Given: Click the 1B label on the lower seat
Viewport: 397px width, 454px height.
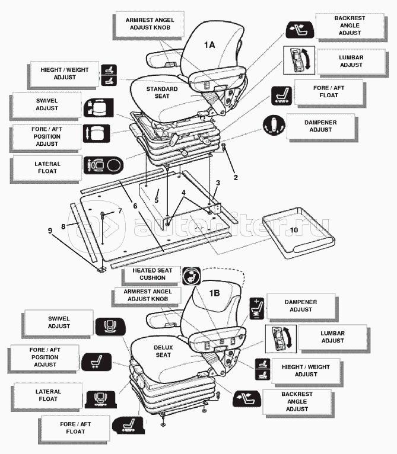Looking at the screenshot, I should tap(213, 292).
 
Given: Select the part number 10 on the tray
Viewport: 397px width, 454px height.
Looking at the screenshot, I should tap(294, 228).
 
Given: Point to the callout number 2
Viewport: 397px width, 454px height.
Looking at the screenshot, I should tap(235, 177).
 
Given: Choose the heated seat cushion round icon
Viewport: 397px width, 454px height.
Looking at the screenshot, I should tap(190, 276).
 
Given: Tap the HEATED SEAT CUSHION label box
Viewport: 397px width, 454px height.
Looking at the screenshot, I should tap(148, 274).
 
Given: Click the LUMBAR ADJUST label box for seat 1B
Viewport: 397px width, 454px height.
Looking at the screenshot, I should tap(332, 337).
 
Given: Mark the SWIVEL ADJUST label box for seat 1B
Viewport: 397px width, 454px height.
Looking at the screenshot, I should tap(59, 322).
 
